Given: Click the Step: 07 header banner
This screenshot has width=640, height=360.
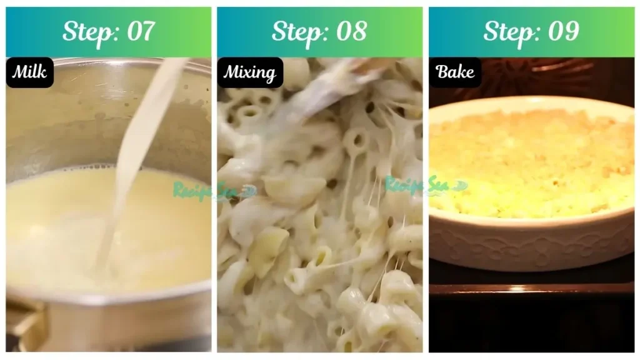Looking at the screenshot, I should click(108, 32).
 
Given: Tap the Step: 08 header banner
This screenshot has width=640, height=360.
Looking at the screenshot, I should click(319, 32).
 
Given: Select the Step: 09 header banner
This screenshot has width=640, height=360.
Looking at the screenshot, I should click(531, 32).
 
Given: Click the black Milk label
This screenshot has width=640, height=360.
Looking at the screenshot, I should click(30, 72).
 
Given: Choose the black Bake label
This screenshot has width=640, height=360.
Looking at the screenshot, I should click(455, 72).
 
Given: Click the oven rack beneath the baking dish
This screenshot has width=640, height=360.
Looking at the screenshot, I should click(531, 289).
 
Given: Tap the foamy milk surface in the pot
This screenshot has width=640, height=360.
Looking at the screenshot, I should click(62, 219).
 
